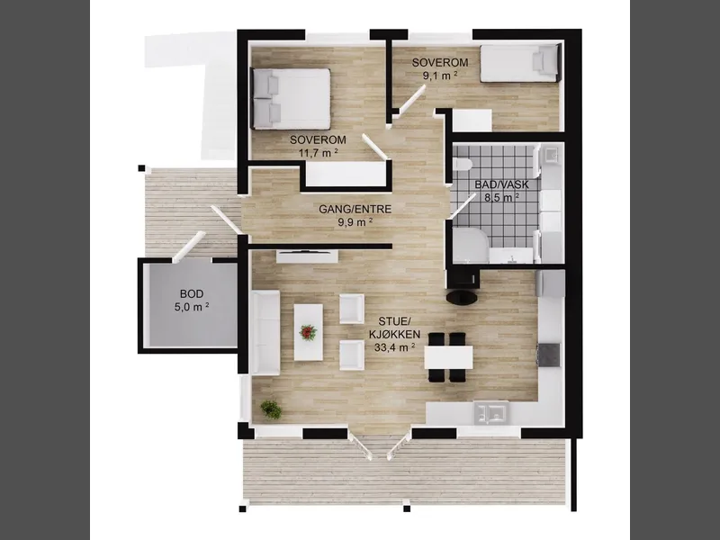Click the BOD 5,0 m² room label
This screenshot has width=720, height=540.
pyautogui.click(x=192, y=301)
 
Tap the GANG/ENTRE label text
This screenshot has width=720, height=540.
pyautogui.click(x=355, y=210)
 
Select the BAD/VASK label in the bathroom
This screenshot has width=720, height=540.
pyautogui.click(x=502, y=185)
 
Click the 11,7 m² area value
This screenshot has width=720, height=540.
pyautogui.click(x=319, y=152)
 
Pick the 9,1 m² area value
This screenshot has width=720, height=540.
pyautogui.click(x=440, y=76)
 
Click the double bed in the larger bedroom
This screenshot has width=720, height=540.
pyautogui.click(x=291, y=99)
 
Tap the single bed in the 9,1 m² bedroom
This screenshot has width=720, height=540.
pyautogui.click(x=520, y=63)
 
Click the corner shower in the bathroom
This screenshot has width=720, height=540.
pyautogui.click(x=470, y=246)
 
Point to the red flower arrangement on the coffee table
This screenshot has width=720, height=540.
pyautogui.click(x=308, y=331)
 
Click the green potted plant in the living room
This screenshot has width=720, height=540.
pyautogui.click(x=271, y=409)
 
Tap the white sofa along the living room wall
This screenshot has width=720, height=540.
pyautogui.click(x=265, y=333)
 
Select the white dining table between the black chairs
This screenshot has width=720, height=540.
pyautogui.click(x=448, y=357)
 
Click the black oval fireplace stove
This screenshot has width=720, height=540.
pyautogui.click(x=463, y=298)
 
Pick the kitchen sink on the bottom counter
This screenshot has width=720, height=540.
pyautogui.click(x=491, y=413)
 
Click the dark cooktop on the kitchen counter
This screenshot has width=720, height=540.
pyautogui.click(x=549, y=355)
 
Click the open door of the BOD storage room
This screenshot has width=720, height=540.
pyautogui.click(x=187, y=246)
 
